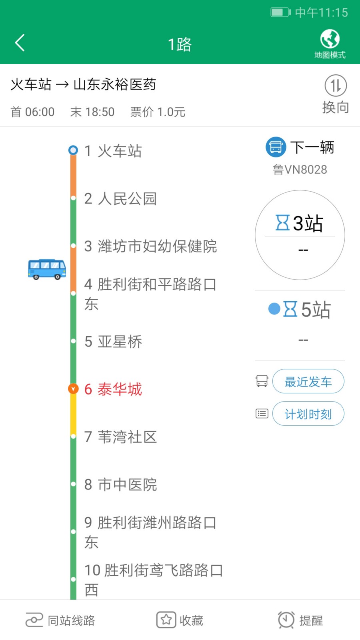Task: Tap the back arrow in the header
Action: tap(20, 43)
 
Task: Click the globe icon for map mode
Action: tap(330, 39)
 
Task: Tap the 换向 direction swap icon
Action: tap(336, 86)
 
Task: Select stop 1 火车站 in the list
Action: tap(113, 151)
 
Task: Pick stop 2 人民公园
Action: tap(120, 198)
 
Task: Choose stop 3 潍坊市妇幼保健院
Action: tap(151, 246)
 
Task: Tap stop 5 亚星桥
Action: tap(113, 341)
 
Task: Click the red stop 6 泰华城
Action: tap(113, 389)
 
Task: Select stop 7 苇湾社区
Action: tap(120, 436)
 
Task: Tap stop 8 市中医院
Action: tap(120, 484)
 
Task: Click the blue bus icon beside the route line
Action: tap(47, 269)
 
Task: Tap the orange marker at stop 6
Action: tap(73, 388)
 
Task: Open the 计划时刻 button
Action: tap(308, 414)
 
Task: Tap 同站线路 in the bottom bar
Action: tap(60, 620)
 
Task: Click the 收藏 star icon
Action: tap(166, 620)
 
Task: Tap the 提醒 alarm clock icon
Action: tap(286, 620)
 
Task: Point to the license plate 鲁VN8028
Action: tap(300, 170)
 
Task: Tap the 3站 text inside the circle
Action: tap(308, 223)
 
